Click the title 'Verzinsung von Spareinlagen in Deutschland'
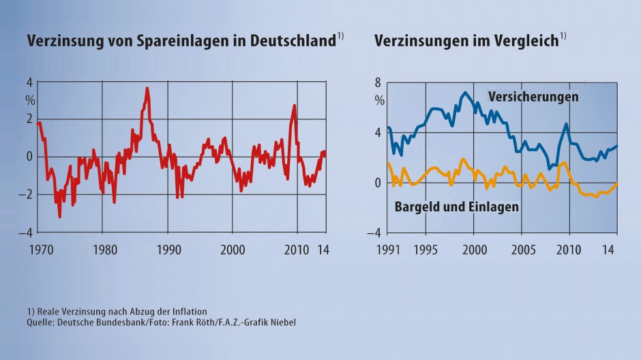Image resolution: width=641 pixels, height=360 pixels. [181, 40]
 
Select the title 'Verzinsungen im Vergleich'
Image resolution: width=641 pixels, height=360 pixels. [466, 40]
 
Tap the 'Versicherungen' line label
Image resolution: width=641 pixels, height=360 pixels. [533, 97]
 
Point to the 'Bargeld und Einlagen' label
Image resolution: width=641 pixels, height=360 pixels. [457, 207]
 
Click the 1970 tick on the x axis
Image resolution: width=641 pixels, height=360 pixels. [38, 249]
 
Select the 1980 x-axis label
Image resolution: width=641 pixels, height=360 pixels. [102, 249]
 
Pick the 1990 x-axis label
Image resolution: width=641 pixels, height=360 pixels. [168, 249]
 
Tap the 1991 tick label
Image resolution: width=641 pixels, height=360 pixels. [387, 249]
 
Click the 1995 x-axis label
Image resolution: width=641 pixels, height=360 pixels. [426, 249]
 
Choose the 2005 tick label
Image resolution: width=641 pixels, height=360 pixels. [522, 249]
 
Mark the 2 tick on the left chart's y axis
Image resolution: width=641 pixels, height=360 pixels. [29, 119]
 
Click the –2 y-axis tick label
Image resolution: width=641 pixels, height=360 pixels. [27, 195]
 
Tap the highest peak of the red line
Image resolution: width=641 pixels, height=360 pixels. [147, 88]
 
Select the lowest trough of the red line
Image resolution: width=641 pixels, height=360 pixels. [59, 217]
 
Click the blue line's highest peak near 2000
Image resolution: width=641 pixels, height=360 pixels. [465, 93]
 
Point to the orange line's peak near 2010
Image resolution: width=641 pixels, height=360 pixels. [564, 163]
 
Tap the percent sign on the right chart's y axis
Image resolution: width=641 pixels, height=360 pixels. [380, 100]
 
